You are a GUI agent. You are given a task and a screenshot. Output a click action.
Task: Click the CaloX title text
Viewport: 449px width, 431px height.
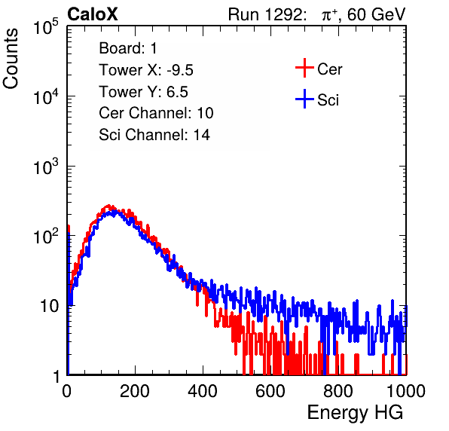pyautogui.click(x=92, y=14)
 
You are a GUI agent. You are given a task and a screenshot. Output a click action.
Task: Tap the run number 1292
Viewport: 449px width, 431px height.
pyautogui.click(x=283, y=14)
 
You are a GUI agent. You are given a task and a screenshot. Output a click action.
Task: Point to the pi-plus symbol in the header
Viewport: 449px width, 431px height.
pyautogui.click(x=329, y=15)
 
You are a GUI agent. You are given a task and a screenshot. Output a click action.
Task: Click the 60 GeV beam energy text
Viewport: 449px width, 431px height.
pyautogui.click(x=377, y=14)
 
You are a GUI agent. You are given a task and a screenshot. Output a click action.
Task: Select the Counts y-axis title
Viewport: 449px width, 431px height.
pyautogui.click(x=11, y=59)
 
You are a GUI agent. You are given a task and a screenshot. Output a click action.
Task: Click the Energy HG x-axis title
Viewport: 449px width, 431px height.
pyautogui.click(x=355, y=413)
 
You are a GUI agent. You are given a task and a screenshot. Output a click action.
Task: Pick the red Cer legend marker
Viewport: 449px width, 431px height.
pyautogui.click(x=304, y=68)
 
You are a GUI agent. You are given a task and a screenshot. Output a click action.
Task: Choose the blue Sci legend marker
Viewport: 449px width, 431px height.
pyautogui.click(x=304, y=99)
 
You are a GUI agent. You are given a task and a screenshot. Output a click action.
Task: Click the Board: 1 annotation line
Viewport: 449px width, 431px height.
pyautogui.click(x=128, y=48)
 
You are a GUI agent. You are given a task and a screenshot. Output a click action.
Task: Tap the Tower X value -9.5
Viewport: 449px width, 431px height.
pyautogui.click(x=180, y=70)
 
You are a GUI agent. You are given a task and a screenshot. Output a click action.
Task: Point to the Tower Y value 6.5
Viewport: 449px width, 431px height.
pyautogui.click(x=177, y=92)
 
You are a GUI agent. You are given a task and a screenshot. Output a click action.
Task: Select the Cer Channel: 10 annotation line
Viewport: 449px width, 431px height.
pyautogui.click(x=156, y=113)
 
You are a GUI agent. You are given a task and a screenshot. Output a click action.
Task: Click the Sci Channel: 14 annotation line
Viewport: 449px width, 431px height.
pyautogui.click(x=154, y=135)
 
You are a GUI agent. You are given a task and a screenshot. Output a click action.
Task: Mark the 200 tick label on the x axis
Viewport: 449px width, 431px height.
pyautogui.click(x=135, y=391)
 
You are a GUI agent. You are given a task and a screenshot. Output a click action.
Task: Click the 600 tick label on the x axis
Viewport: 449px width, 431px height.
pyautogui.click(x=270, y=391)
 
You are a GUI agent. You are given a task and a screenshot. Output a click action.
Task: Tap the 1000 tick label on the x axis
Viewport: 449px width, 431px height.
pyautogui.click(x=406, y=391)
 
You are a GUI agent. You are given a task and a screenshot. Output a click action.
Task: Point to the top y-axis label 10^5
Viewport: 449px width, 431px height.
pyautogui.click(x=46, y=26)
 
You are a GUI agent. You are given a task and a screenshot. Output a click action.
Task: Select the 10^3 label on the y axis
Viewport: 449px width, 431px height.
pyautogui.click(x=46, y=167)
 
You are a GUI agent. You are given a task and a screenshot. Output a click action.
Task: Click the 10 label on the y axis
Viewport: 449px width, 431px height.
pyautogui.click(x=49, y=306)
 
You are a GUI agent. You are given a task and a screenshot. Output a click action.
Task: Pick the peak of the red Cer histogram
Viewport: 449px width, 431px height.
pyautogui.click(x=108, y=206)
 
